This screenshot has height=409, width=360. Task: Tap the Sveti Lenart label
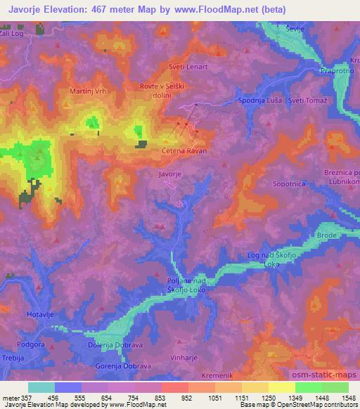click(185, 67)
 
